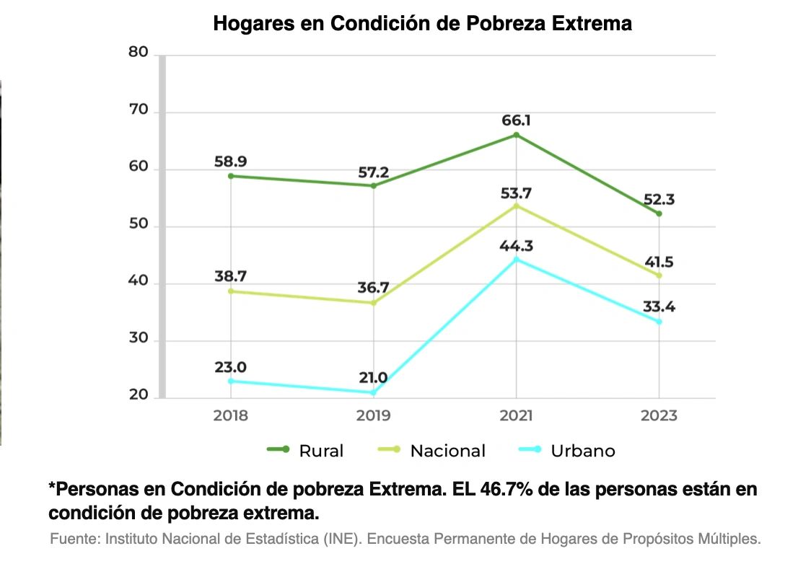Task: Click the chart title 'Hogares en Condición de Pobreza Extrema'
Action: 423,24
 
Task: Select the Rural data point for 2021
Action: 516,135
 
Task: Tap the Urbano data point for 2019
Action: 374,393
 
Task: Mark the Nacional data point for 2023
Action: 659,276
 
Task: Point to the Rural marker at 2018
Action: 231,176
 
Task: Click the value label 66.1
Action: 516,120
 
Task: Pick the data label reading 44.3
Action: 516,246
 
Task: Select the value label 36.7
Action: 373,288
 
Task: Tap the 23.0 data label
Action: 230,367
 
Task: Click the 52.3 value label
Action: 659,200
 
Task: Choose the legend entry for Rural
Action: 305,450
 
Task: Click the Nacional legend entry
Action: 431,450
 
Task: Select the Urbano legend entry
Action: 567,450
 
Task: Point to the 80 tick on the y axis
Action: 139,52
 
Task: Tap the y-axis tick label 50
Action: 139,224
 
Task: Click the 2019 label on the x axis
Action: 374,415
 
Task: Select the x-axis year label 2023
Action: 659,415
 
